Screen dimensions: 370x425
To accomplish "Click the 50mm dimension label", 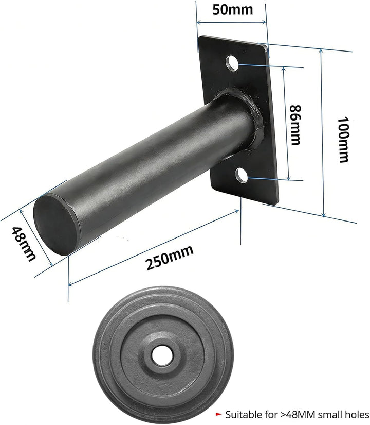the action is [x=233, y=10].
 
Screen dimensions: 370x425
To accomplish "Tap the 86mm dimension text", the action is [x=295, y=125].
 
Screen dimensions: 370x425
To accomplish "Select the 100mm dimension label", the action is [x=343, y=140].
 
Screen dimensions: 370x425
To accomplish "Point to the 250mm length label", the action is [x=170, y=258].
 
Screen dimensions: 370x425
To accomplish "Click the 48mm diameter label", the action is [x=24, y=244].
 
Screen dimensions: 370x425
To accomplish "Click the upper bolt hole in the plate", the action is [x=232, y=63].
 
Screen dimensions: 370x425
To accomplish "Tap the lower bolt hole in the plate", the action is [x=242, y=175].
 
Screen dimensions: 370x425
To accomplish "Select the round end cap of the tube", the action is [x=55, y=225].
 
